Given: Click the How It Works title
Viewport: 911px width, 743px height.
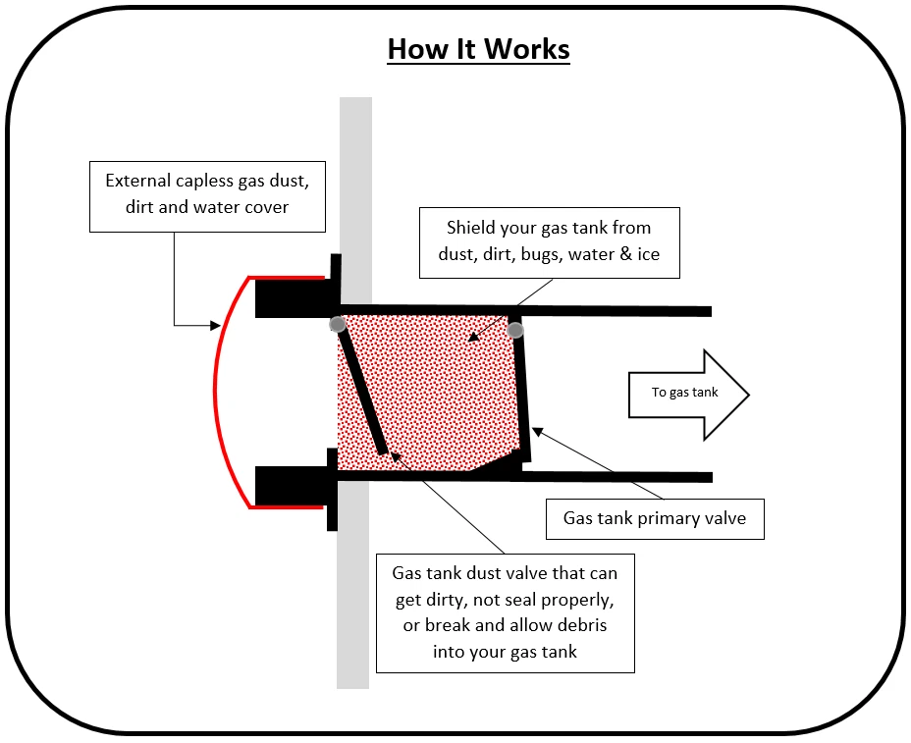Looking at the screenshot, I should coord(478,49).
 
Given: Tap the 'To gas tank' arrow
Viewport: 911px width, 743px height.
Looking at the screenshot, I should coord(687,394).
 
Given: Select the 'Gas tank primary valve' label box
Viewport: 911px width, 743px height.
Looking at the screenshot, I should coord(654,518).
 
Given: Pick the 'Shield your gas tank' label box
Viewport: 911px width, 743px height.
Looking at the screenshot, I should coord(549,241).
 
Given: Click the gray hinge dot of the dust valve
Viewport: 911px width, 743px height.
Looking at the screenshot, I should coord(338,324).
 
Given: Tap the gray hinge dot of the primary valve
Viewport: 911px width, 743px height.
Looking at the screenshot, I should coord(515,330).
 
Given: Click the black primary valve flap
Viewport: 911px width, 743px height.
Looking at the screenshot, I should coord(522,393).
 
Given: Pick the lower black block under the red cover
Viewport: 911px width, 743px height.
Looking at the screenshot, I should coord(290,485).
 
